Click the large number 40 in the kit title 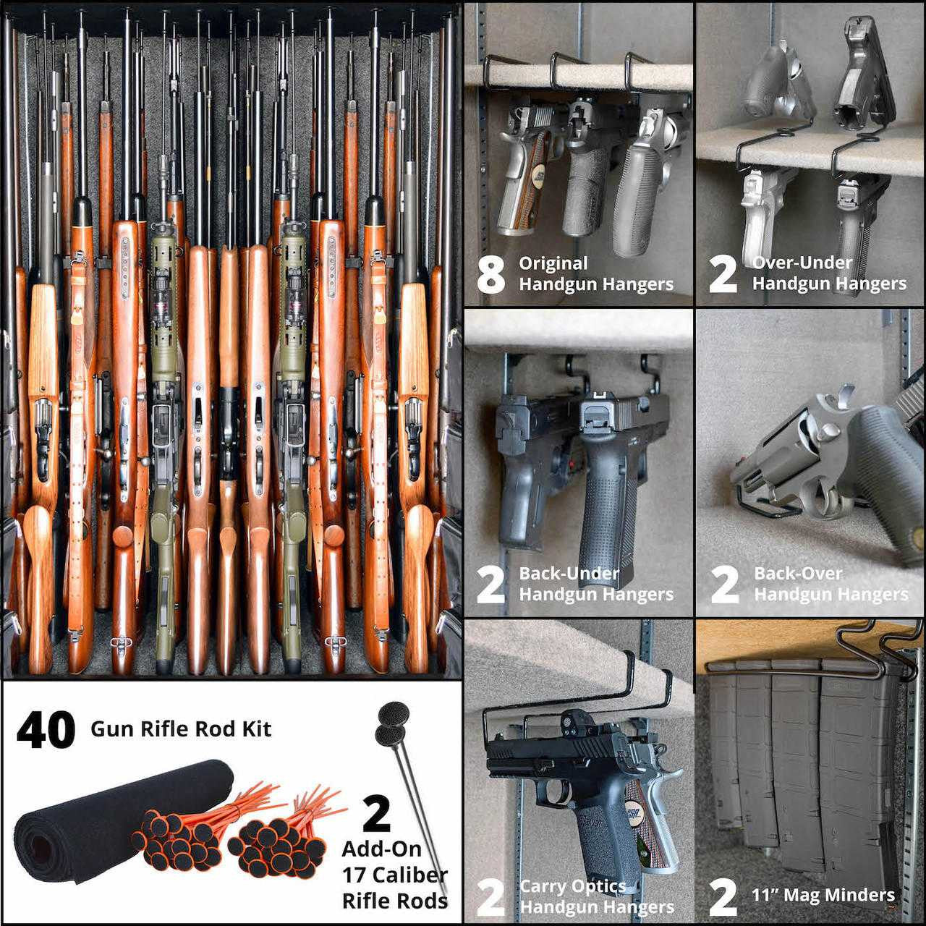click(x=46, y=730)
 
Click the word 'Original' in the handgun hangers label click(x=553, y=263)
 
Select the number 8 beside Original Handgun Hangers click(x=491, y=275)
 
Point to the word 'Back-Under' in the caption click(x=569, y=574)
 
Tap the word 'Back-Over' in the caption click(x=798, y=574)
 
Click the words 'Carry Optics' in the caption click(x=572, y=886)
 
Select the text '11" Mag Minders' click(x=823, y=896)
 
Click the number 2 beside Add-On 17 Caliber click(x=376, y=814)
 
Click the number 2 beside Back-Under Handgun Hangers click(x=491, y=586)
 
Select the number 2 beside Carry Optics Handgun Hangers click(x=491, y=897)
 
